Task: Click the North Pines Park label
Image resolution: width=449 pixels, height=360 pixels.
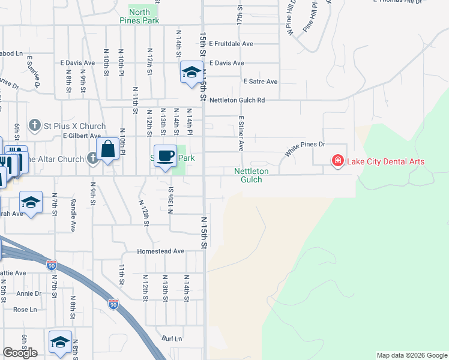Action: [x=143, y=16]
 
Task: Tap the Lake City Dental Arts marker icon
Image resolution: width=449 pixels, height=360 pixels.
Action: [x=337, y=161]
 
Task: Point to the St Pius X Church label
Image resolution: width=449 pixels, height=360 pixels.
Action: [x=75, y=126]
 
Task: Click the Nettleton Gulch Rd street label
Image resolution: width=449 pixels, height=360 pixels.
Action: [x=237, y=100]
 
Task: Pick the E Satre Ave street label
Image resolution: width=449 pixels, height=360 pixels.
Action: [x=260, y=82]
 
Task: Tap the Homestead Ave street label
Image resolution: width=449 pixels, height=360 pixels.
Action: [x=160, y=251]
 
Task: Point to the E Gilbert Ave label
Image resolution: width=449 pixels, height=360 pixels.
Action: [x=80, y=136]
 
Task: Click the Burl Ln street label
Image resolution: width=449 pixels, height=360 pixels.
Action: [x=172, y=338]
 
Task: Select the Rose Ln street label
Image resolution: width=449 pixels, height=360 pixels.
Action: [x=25, y=310]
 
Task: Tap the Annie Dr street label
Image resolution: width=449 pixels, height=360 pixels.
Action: [x=29, y=293]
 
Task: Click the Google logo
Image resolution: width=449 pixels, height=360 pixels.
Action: [x=20, y=353]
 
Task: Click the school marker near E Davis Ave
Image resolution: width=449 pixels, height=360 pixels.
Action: [x=191, y=73]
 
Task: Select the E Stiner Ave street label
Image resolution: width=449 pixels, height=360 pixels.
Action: [x=241, y=133]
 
